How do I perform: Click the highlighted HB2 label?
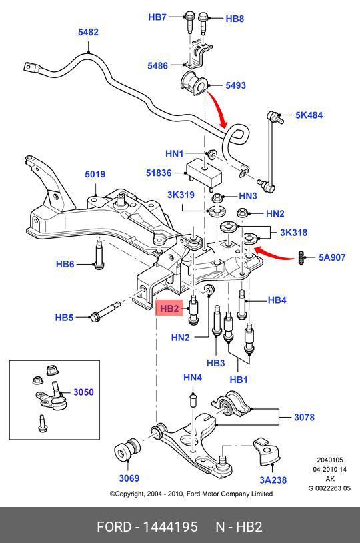[x=169, y=308]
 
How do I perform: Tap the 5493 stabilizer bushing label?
[x=235, y=85]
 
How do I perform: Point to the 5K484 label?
[x=309, y=115]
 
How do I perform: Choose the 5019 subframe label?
[x=95, y=175]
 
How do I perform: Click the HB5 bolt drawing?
[x=105, y=313]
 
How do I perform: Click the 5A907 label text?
[x=331, y=256]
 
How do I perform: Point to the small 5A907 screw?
[x=302, y=257]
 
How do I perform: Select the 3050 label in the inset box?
[x=83, y=392]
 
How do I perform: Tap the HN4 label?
[x=193, y=378]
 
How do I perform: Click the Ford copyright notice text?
[x=191, y=494]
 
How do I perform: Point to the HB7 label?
[x=157, y=17]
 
